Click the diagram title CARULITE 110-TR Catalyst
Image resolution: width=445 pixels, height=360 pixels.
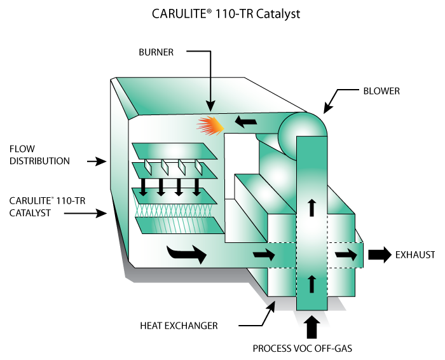[x=222, y=13]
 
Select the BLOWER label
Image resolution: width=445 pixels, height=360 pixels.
[x=381, y=91]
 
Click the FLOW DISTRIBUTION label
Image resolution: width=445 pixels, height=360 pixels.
[x=39, y=155]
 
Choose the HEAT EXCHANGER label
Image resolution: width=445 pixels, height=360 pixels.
[x=179, y=326]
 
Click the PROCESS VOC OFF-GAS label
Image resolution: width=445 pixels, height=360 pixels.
[x=311, y=349]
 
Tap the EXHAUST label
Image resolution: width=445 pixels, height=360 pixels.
[x=415, y=255]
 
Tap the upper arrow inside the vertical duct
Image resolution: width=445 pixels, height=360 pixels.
[x=311, y=207]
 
